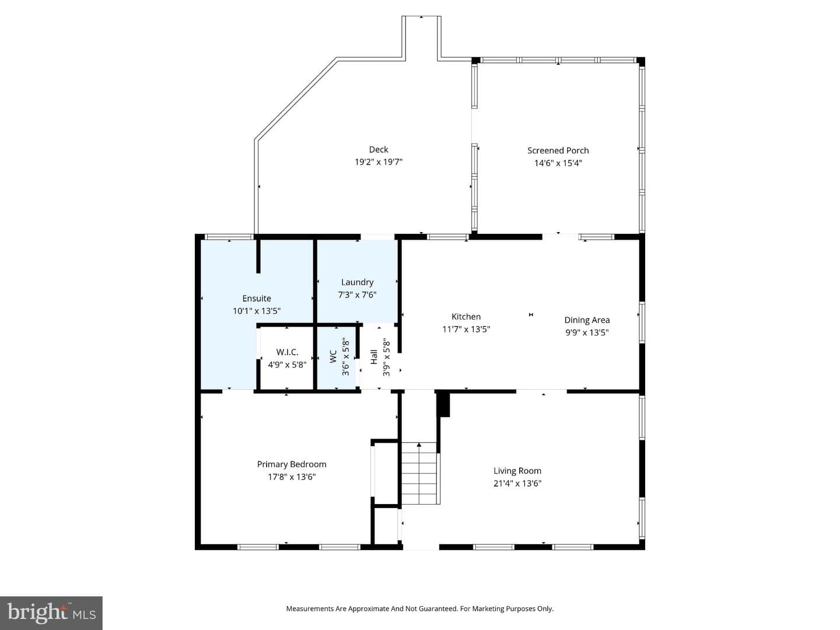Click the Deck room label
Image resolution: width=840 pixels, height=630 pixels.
point(379,149)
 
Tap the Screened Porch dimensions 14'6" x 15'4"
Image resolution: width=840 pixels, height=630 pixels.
point(558,163)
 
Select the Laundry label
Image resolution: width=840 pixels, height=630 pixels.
point(357,282)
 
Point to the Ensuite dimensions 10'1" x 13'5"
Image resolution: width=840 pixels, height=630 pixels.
point(257,311)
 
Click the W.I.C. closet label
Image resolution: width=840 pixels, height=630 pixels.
point(287,352)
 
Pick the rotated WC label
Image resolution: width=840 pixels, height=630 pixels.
point(333,356)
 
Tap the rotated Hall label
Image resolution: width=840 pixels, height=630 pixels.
point(374,357)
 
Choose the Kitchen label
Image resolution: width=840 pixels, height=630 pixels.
point(466,317)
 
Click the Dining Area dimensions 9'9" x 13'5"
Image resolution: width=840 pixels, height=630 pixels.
point(587,332)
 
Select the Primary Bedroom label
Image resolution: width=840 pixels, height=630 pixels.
point(292,464)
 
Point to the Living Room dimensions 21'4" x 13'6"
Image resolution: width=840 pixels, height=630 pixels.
point(517,484)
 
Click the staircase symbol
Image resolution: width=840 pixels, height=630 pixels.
point(419,473)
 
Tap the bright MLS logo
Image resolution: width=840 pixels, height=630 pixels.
point(51,613)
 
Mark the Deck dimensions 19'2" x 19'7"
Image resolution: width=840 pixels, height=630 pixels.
point(379,162)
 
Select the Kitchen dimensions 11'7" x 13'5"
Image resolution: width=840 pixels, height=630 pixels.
point(466,330)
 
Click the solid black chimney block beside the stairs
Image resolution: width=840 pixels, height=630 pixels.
point(443,404)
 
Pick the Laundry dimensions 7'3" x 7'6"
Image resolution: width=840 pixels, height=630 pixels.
point(357,295)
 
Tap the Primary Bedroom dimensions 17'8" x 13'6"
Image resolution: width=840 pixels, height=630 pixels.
point(292,477)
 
